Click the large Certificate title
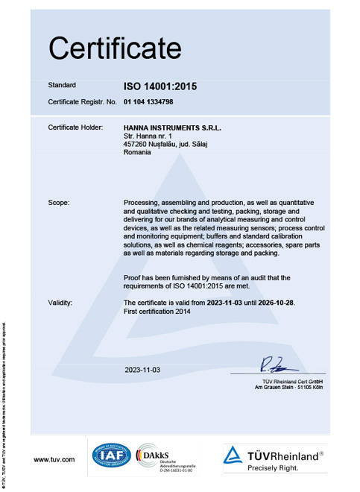click(116, 48)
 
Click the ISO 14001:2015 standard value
click(161, 86)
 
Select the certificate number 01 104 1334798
click(154, 101)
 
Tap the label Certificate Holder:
click(75, 127)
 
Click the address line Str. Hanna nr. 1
click(148, 136)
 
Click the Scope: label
click(59, 202)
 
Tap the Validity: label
click(60, 303)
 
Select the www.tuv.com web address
click(54, 460)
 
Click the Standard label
click(62, 86)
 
